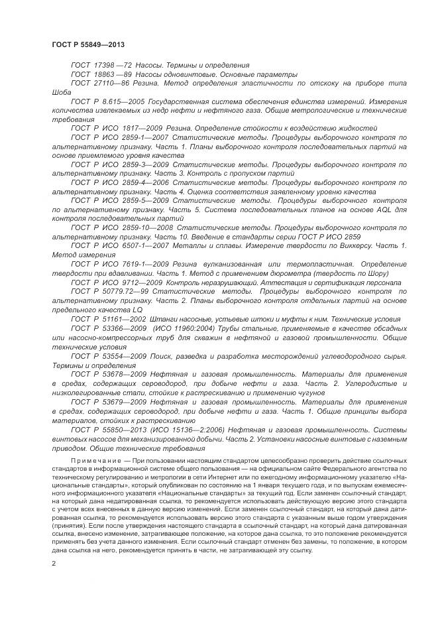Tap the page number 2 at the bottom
tap(54, 563)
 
